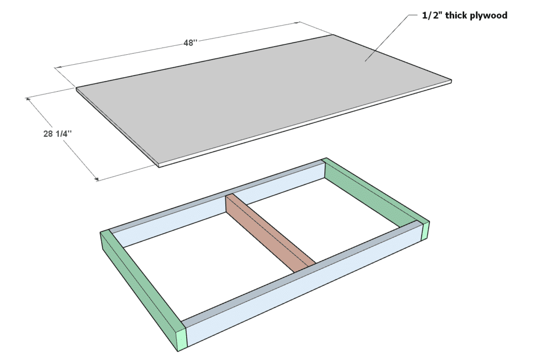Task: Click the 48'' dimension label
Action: (x=190, y=43)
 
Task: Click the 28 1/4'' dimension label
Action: (x=57, y=134)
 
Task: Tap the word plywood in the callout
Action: (x=488, y=15)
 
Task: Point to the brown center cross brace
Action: (x=270, y=233)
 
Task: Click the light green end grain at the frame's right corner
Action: (x=426, y=231)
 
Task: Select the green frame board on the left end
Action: (x=143, y=290)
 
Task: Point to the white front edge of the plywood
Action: (x=305, y=125)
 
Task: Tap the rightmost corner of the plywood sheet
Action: (x=452, y=81)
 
